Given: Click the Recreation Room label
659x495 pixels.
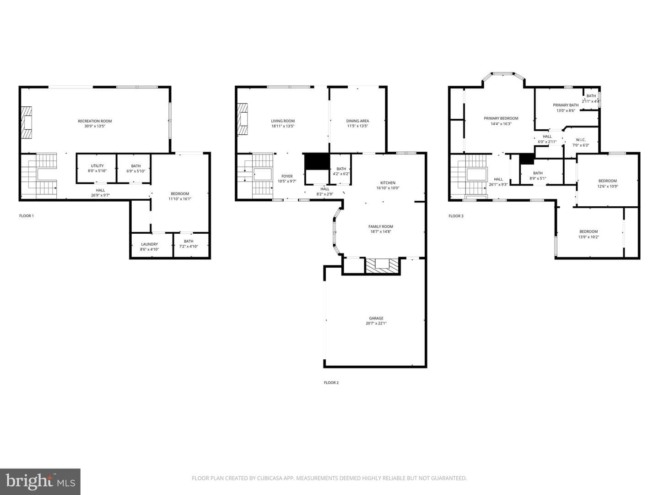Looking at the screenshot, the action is click(x=95, y=121).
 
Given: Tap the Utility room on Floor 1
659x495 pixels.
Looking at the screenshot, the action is click(x=97, y=168).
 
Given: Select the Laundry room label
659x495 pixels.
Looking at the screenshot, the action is click(x=149, y=244).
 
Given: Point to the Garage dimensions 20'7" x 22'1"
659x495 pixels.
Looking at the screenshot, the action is click(x=376, y=324).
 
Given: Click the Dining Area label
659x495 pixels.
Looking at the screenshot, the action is click(x=357, y=121).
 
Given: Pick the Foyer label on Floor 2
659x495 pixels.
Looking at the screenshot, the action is click(x=287, y=176).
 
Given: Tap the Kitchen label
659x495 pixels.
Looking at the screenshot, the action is click(x=388, y=183).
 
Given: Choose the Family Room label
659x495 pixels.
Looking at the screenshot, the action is click(x=380, y=226).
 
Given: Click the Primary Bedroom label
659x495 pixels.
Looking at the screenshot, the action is click(x=501, y=118).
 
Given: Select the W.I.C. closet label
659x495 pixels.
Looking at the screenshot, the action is click(x=581, y=140).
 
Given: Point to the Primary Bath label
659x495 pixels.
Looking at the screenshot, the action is click(x=566, y=105).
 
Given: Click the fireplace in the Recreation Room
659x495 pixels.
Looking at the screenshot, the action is click(x=27, y=122).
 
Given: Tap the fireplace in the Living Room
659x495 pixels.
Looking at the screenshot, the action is click(x=243, y=119).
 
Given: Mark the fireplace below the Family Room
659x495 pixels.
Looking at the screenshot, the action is click(x=383, y=265).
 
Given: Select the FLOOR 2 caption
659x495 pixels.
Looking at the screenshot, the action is click(x=331, y=383).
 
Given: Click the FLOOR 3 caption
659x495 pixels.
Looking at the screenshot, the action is click(x=456, y=216).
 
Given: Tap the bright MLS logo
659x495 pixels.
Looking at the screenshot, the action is click(x=40, y=481).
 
